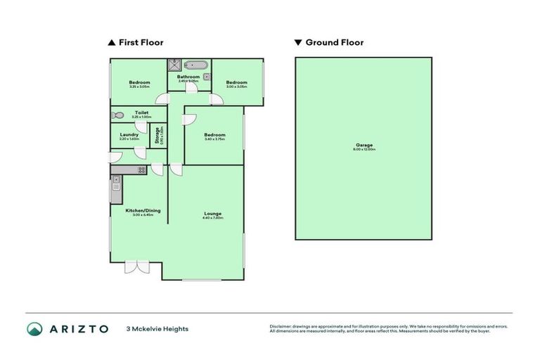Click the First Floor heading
(140, 42)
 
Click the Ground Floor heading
(334, 42)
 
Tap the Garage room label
(364, 146)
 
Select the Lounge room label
(213, 214)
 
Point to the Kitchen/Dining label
(138, 210)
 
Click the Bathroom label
(188, 77)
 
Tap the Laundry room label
(128, 135)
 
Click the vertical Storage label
(157, 135)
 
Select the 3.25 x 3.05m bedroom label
(139, 84)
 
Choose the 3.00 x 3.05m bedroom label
(236, 84)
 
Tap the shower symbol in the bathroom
(174, 65)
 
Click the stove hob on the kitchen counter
(141, 169)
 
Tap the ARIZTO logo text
(78, 328)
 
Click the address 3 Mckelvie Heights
(157, 328)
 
